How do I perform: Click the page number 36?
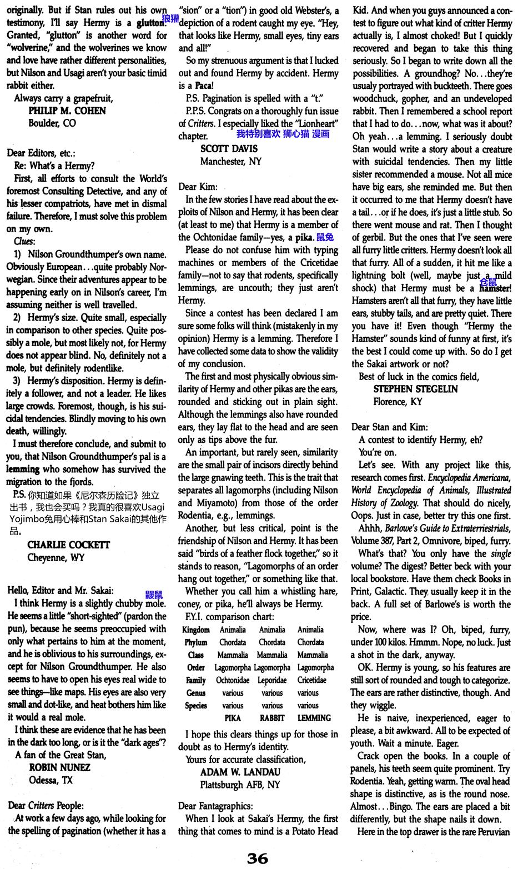coord(258,858)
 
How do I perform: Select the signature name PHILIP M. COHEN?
coord(67,111)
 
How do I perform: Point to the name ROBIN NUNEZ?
coord(59,767)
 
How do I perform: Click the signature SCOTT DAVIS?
coord(229,149)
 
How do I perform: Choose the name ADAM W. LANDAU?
coord(240,772)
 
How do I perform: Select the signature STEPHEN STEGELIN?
coord(416,389)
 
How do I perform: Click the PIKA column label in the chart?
coord(233,718)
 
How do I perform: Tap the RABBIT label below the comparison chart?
coord(272,718)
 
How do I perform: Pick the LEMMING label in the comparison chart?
coord(314,718)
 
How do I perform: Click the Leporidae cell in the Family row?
coord(272,680)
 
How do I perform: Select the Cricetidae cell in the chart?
coord(311,680)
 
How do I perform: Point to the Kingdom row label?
coord(196,630)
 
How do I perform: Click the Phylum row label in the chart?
coord(196,642)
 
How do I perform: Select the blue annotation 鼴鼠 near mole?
coord(154,594)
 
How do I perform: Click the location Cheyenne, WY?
coord(56,557)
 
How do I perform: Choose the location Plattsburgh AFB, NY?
coord(240,785)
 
